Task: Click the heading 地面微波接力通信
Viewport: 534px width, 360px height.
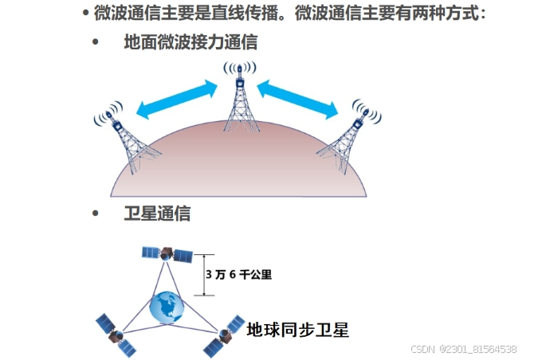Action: click(190, 42)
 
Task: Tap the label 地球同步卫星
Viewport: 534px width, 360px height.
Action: click(298, 329)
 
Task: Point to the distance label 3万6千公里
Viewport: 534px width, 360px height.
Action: click(238, 274)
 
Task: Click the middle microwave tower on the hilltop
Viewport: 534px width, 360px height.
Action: click(239, 104)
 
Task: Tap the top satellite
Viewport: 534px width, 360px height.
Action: click(167, 256)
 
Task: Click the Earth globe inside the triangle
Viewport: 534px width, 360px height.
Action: click(167, 307)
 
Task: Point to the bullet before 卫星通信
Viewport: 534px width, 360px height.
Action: click(97, 214)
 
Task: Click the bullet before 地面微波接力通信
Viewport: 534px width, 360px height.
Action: click(97, 42)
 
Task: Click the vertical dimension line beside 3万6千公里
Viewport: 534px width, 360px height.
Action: click(202, 274)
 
